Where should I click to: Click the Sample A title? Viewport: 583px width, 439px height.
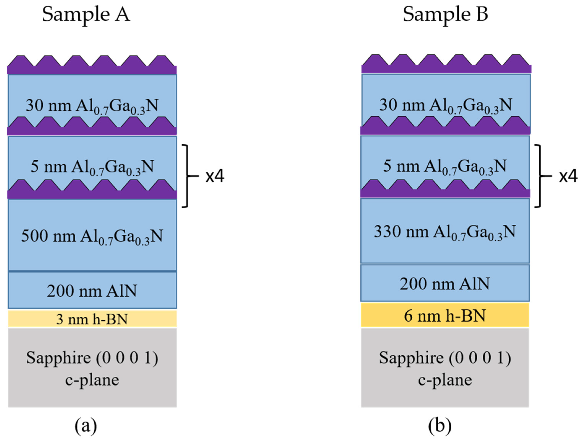(x=86, y=15)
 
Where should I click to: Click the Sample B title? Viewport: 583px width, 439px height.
(x=445, y=15)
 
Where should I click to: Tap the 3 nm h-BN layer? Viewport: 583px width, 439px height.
(x=92, y=319)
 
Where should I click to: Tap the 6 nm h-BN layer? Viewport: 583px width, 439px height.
(x=445, y=315)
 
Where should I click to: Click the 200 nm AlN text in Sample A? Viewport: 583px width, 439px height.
(x=92, y=291)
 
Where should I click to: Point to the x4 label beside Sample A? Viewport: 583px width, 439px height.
(x=215, y=176)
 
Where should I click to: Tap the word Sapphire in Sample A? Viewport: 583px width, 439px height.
(x=58, y=358)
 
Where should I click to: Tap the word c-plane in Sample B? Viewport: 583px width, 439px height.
(x=445, y=380)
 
